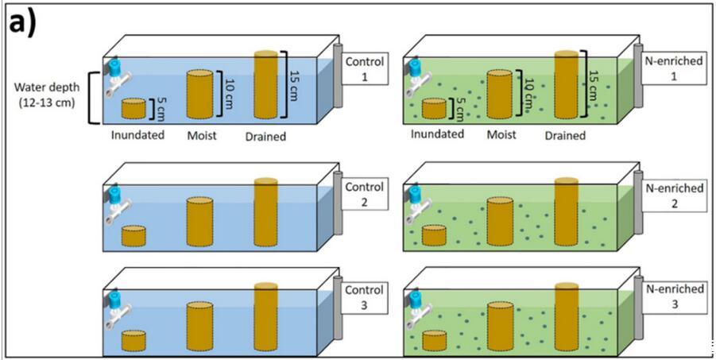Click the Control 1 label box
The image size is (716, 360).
[x=366, y=69]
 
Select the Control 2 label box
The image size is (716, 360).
[x=366, y=194]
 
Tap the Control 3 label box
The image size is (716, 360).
[x=366, y=297]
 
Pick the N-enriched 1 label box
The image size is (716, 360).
[x=666, y=69]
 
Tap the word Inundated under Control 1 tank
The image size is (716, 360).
[x=138, y=134]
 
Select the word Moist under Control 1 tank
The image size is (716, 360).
[x=202, y=134]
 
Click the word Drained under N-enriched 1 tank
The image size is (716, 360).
[x=565, y=136]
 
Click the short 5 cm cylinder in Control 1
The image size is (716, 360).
[x=134, y=109]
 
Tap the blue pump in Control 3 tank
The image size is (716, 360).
[x=114, y=300]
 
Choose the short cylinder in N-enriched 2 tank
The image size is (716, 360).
[x=434, y=234]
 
